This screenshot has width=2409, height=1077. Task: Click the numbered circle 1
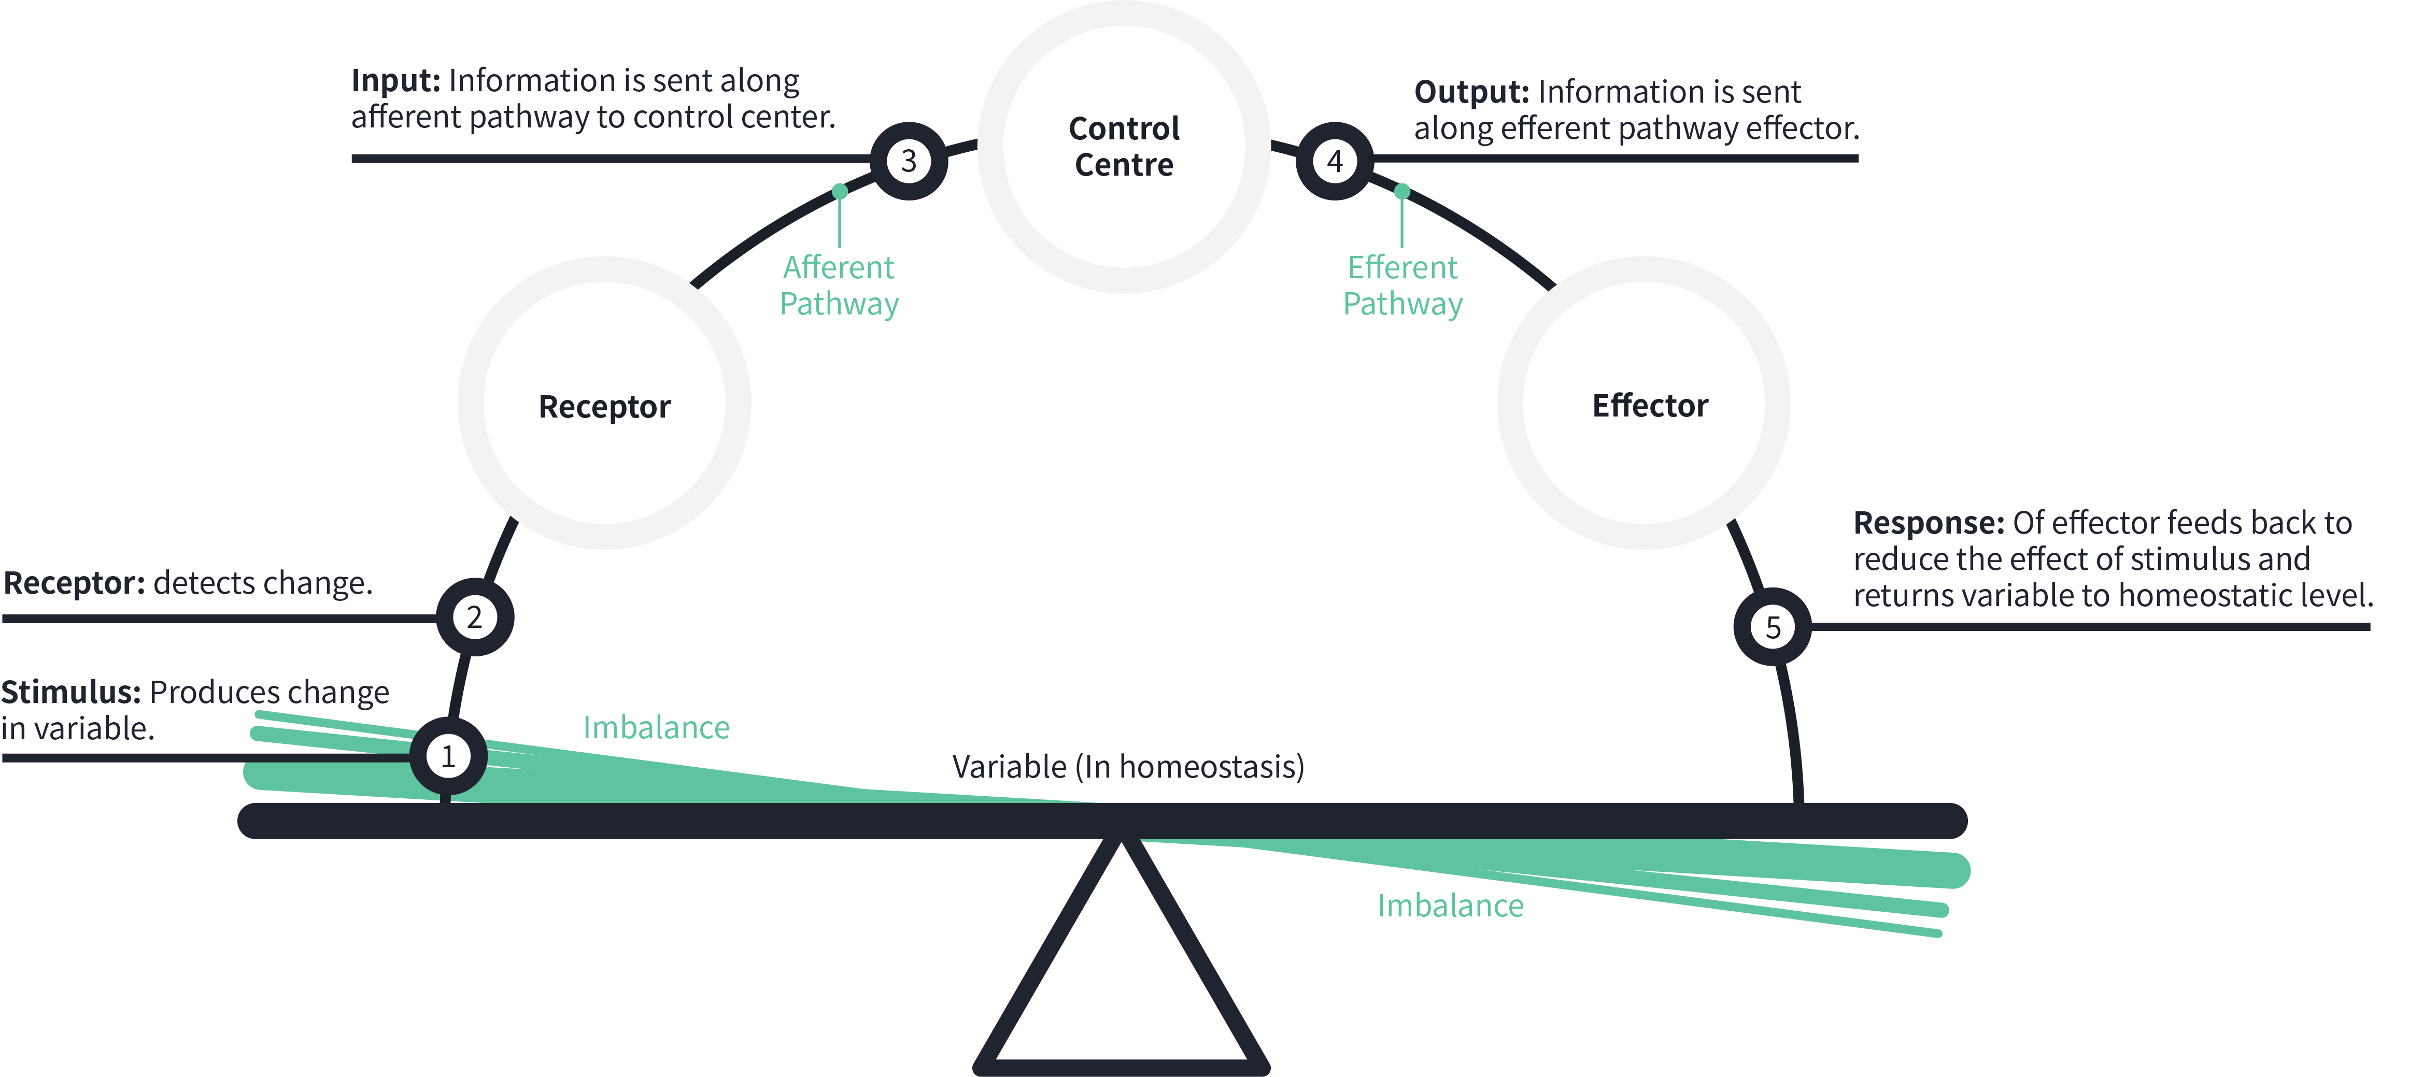click(448, 756)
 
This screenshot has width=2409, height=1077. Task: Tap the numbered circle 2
click(474, 617)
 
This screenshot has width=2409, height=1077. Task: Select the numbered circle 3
click(908, 161)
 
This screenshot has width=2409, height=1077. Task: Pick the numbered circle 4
click(1335, 161)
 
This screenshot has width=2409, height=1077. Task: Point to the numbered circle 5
click(1772, 626)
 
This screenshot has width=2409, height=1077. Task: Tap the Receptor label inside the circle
click(604, 407)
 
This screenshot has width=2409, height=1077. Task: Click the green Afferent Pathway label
click(839, 285)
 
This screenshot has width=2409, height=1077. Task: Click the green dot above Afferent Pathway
click(840, 191)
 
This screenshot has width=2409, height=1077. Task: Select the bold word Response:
click(1929, 523)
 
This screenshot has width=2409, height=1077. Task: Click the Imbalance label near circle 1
click(656, 727)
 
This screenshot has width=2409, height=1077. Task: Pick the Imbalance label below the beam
click(1451, 905)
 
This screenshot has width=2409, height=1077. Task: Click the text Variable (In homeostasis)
click(1128, 767)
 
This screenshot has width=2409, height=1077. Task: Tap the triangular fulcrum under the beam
click(1121, 972)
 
